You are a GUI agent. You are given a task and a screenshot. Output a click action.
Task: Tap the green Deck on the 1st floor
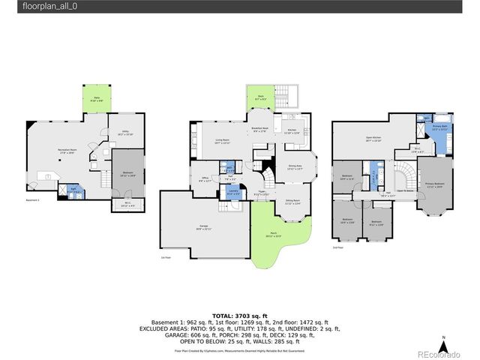pyautogui.click(x=261, y=99)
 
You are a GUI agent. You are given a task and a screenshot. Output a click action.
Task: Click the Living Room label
pyautogui.click(x=222, y=140)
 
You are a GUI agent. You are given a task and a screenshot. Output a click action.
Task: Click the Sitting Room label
pyautogui.click(x=292, y=201)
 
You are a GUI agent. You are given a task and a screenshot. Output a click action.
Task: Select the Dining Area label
pyautogui.click(x=294, y=167)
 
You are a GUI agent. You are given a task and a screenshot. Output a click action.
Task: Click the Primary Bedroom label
pyautogui.click(x=435, y=184)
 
